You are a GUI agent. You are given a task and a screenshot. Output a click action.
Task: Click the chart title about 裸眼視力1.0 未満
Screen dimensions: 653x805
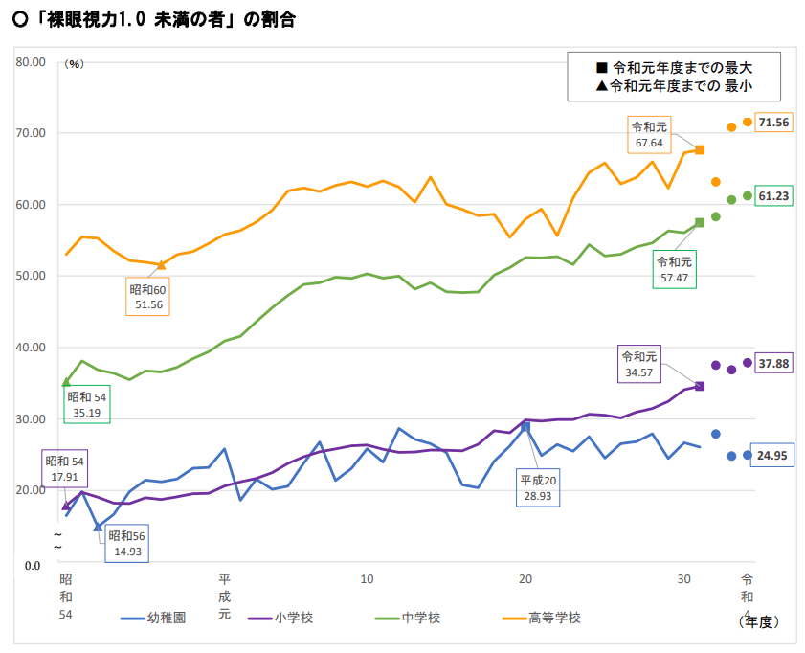pyautogui.click(x=153, y=19)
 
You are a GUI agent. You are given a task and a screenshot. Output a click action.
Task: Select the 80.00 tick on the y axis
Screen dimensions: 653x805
pyautogui.click(x=31, y=62)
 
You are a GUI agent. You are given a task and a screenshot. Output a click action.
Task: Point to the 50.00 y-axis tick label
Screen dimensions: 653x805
pyautogui.click(x=31, y=276)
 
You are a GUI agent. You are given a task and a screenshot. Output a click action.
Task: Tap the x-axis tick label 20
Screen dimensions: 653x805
pyautogui.click(x=525, y=580)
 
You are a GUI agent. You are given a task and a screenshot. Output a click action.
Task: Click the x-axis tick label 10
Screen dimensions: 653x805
pyautogui.click(x=367, y=580)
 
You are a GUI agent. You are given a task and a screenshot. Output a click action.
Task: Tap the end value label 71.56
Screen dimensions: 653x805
pyautogui.click(x=773, y=123)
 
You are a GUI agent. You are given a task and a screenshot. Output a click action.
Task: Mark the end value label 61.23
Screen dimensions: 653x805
pyautogui.click(x=773, y=196)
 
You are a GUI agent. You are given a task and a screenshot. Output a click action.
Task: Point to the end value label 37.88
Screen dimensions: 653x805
pyautogui.click(x=773, y=364)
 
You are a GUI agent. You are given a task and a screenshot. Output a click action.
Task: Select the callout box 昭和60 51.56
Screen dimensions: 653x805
pyautogui.click(x=147, y=297)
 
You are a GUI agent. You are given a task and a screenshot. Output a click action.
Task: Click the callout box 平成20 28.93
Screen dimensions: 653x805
pyautogui.click(x=538, y=487)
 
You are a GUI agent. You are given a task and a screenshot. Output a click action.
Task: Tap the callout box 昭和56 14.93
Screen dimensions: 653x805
pyautogui.click(x=127, y=544)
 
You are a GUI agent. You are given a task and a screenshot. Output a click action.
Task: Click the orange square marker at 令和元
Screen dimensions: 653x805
pyautogui.click(x=700, y=150)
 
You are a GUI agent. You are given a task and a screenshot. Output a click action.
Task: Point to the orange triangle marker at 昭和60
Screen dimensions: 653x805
pyautogui.click(x=162, y=264)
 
